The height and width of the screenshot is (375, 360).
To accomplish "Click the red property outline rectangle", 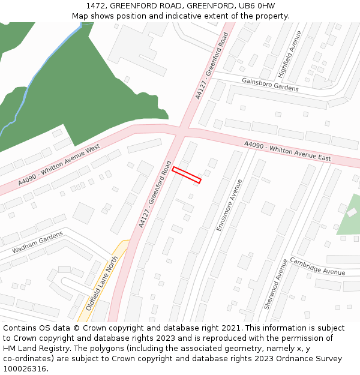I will tap(187, 175).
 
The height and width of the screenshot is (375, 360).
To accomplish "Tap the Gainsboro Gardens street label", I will tap(270, 84).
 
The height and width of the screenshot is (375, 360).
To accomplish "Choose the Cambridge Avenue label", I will tap(317, 266).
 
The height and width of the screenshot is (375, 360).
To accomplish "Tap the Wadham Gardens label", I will tap(37, 242).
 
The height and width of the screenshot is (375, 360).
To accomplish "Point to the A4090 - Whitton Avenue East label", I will tap(287, 151).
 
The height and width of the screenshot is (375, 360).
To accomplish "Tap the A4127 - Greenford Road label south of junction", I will tap(155, 194).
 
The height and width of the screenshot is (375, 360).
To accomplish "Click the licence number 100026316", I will tap(25, 369).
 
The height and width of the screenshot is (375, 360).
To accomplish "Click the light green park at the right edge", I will tap(350, 216).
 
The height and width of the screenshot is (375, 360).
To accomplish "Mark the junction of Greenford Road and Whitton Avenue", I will tap(181, 134).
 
